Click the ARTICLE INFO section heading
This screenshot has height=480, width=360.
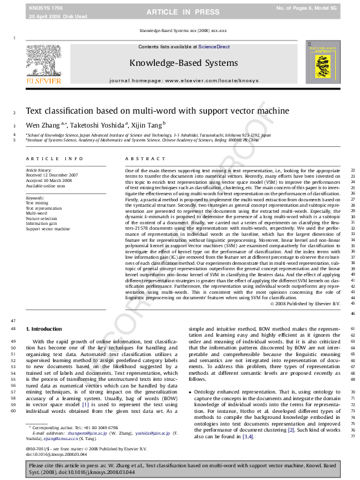[54, 158]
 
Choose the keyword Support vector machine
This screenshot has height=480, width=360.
[48, 229]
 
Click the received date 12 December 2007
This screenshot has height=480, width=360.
[60, 175]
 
